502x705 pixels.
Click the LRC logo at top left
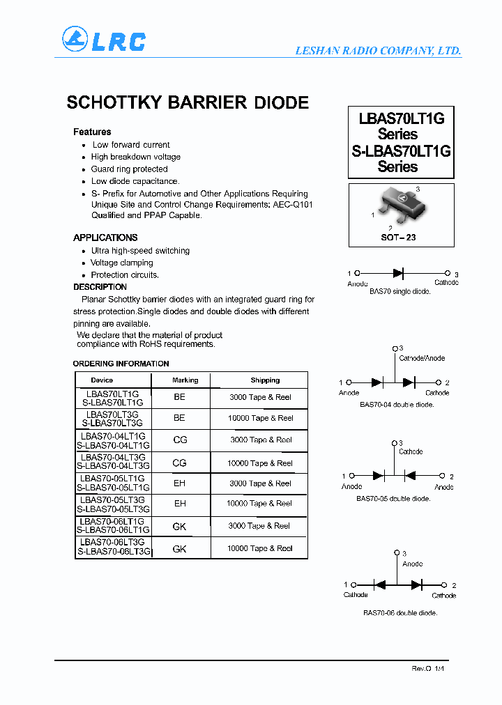pos(103,40)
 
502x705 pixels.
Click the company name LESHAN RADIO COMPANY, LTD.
pos(378,51)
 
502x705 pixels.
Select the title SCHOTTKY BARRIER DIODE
pos(188,102)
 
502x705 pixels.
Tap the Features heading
pos(92,132)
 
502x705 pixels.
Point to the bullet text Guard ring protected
pos(129,169)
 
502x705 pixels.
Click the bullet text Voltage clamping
pos(121,263)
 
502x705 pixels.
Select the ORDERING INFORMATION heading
pos(121,364)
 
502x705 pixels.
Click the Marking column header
pos(185,380)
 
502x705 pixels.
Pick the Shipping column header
pos(265,380)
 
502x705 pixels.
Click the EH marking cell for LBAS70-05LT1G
pos(180,483)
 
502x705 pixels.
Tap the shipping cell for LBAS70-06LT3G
pos(259,548)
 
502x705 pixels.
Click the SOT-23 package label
pos(399,238)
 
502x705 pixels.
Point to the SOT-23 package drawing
pos(400,204)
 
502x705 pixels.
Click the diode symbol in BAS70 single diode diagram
pos(399,274)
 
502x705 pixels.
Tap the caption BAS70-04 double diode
pos(397,405)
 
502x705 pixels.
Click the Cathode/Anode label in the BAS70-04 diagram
pos(421,358)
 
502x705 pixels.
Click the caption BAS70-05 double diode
pos(394,499)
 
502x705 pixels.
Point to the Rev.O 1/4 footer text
pos(427,668)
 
